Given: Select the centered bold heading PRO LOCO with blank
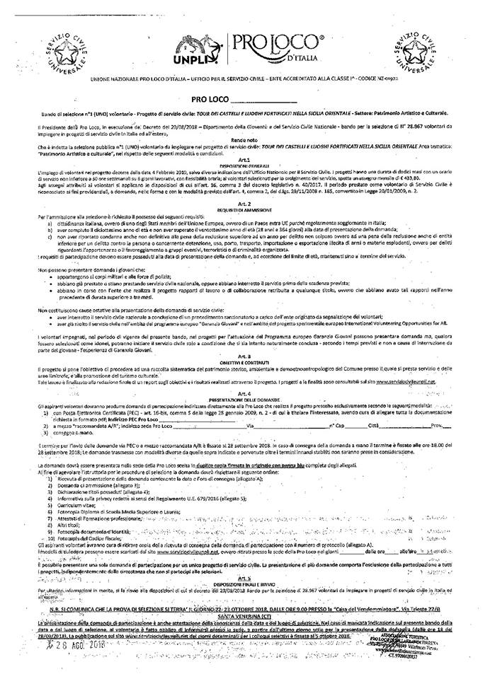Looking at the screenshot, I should pos(244,102).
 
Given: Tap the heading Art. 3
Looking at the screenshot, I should pos(244,356).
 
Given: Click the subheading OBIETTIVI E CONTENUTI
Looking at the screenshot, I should pos(244,361).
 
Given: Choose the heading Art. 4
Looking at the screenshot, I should pos(244,391).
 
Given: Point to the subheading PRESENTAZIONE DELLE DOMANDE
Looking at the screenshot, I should pos(244,397).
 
